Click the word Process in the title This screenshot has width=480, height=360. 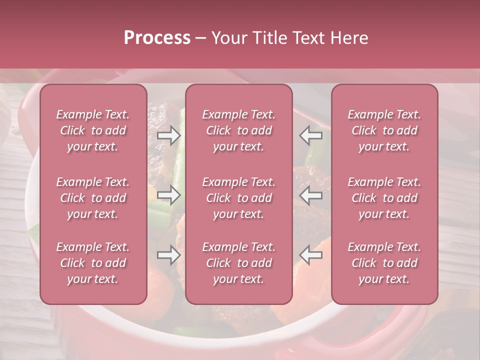157,38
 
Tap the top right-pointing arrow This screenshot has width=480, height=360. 168,135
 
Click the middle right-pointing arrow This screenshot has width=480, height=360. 168,195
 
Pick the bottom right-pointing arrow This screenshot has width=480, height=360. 168,255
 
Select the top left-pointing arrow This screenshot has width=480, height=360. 310,135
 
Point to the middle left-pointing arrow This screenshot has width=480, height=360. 310,195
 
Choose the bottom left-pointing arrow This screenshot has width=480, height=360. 310,255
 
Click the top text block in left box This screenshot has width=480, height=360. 93,130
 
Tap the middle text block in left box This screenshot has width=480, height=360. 93,198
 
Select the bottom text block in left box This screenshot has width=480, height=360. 93,263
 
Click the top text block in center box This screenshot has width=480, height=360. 238,130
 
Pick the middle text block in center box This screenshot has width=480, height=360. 238,198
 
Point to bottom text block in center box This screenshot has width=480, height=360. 238,263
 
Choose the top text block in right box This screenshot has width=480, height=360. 384,130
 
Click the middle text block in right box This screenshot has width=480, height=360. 384,198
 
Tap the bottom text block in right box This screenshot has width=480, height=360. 384,263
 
